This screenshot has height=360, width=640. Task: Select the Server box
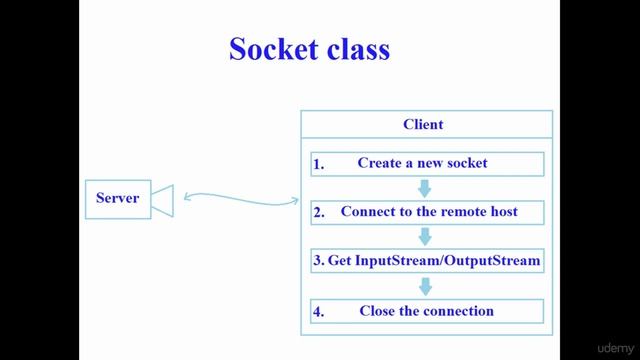click(x=118, y=198)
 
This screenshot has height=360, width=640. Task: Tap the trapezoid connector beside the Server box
click(x=164, y=199)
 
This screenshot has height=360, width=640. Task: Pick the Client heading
click(x=423, y=125)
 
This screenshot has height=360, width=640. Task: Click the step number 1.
click(x=318, y=164)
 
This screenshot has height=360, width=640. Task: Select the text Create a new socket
click(x=422, y=162)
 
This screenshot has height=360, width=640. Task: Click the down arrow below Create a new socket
click(x=424, y=188)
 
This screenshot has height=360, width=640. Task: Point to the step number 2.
click(x=318, y=213)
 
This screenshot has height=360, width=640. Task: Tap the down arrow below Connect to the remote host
click(x=424, y=237)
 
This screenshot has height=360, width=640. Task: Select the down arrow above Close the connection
click(x=424, y=286)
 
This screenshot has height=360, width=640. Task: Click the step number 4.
click(x=318, y=312)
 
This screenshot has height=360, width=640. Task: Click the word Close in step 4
click(x=378, y=311)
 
